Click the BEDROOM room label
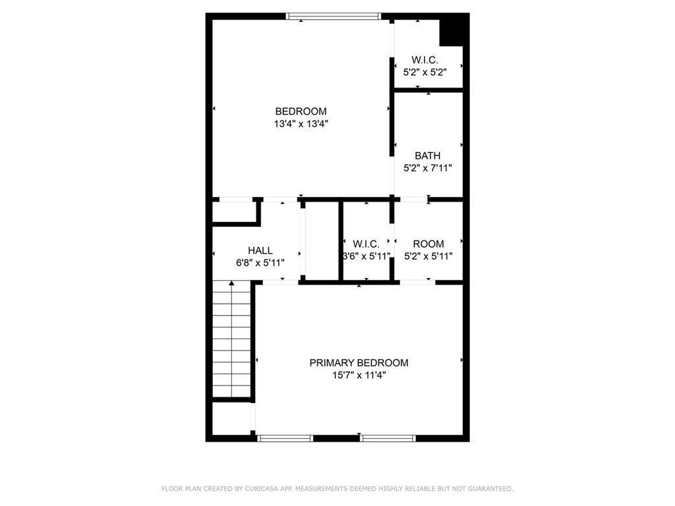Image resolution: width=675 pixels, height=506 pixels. click(301, 111)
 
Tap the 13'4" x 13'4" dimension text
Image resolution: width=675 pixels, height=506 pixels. click(301, 123)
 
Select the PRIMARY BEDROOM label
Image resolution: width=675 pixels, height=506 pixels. click(359, 363)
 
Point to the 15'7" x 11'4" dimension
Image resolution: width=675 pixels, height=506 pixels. click(359, 375)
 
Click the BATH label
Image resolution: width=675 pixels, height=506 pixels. click(427, 155)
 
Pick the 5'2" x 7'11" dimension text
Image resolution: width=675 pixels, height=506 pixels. click(427, 167)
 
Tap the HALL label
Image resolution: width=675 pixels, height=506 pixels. click(260, 250)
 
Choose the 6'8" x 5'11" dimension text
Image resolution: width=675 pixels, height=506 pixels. click(260, 262)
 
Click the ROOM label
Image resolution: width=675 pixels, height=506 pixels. click(428, 244)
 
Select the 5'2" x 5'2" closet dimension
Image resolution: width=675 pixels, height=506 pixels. click(425, 72)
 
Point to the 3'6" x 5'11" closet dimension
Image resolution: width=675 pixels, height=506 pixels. click(367, 256)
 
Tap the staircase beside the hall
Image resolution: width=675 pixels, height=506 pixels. click(231, 339)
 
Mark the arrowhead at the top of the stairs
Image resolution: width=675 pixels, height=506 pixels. click(231, 283)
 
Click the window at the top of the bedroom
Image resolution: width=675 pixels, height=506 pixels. click(334, 16)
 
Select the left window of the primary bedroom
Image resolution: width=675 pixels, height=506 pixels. click(285, 437)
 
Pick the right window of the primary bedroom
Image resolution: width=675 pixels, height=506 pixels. click(388, 437)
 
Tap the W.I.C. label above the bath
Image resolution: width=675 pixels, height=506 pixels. click(425, 60)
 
